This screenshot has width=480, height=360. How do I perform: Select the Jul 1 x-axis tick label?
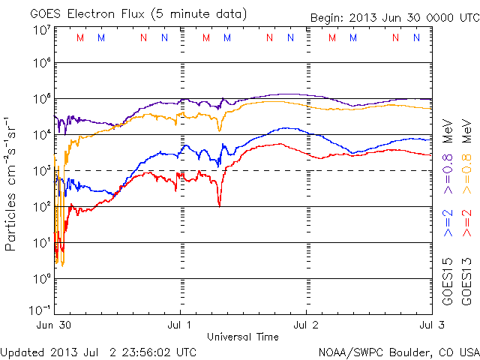pyautogui.click(x=181, y=325)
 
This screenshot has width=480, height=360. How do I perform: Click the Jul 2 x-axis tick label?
pyautogui.click(x=306, y=325)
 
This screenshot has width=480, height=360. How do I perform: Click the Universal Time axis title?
pyautogui.click(x=243, y=337)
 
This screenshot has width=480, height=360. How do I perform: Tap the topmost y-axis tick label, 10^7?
pyautogui.click(x=40, y=29)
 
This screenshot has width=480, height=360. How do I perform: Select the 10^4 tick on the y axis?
pyautogui.click(x=40, y=135)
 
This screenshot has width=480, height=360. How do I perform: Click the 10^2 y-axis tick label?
pyautogui.click(x=40, y=206)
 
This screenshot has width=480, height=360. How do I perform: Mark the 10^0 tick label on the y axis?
pyautogui.click(x=40, y=278)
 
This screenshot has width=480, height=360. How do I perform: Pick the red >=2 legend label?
pyautogui.click(x=466, y=222)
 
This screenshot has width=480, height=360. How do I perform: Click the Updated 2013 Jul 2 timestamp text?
pyautogui.click(x=100, y=352)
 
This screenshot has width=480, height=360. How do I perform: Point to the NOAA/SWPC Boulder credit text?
pyautogui.click(x=398, y=352)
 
